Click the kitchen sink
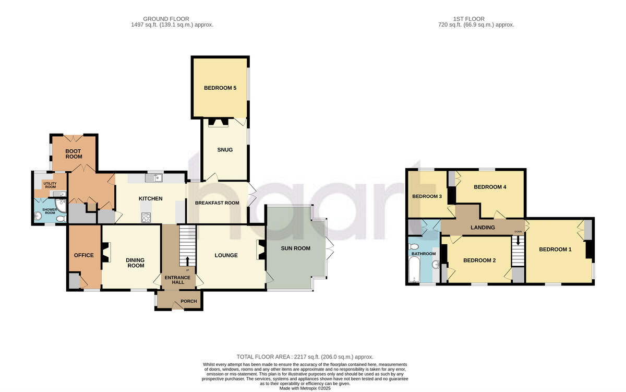[154, 179]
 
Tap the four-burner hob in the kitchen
[146, 218]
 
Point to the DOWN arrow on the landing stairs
[518, 241]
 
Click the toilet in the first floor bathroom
[414, 247]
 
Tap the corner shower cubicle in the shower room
[62, 216]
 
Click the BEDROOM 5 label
[220, 88]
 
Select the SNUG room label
[225, 150]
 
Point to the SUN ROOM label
[295, 248]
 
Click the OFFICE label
[83, 255]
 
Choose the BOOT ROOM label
[74, 154]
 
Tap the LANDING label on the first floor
[483, 228]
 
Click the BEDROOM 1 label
[555, 250]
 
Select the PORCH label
[188, 301]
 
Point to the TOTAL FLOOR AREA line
[305, 357]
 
